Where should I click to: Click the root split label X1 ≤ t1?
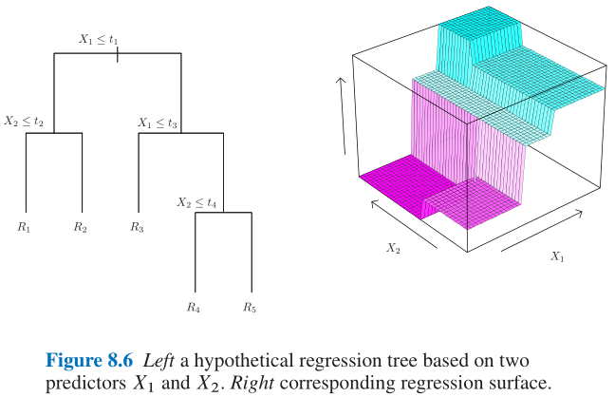pos(99,40)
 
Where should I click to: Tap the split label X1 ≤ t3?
pos(158,123)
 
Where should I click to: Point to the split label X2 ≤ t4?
pos(197,202)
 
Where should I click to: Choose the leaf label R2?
pos(81,227)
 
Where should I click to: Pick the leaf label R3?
pos(138,227)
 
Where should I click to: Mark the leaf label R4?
pos(194,307)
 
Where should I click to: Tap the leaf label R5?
pos(250,307)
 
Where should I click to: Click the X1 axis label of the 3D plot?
pos(557,256)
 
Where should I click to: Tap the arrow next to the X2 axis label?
pos(403,222)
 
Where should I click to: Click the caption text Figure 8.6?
pos(87,361)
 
